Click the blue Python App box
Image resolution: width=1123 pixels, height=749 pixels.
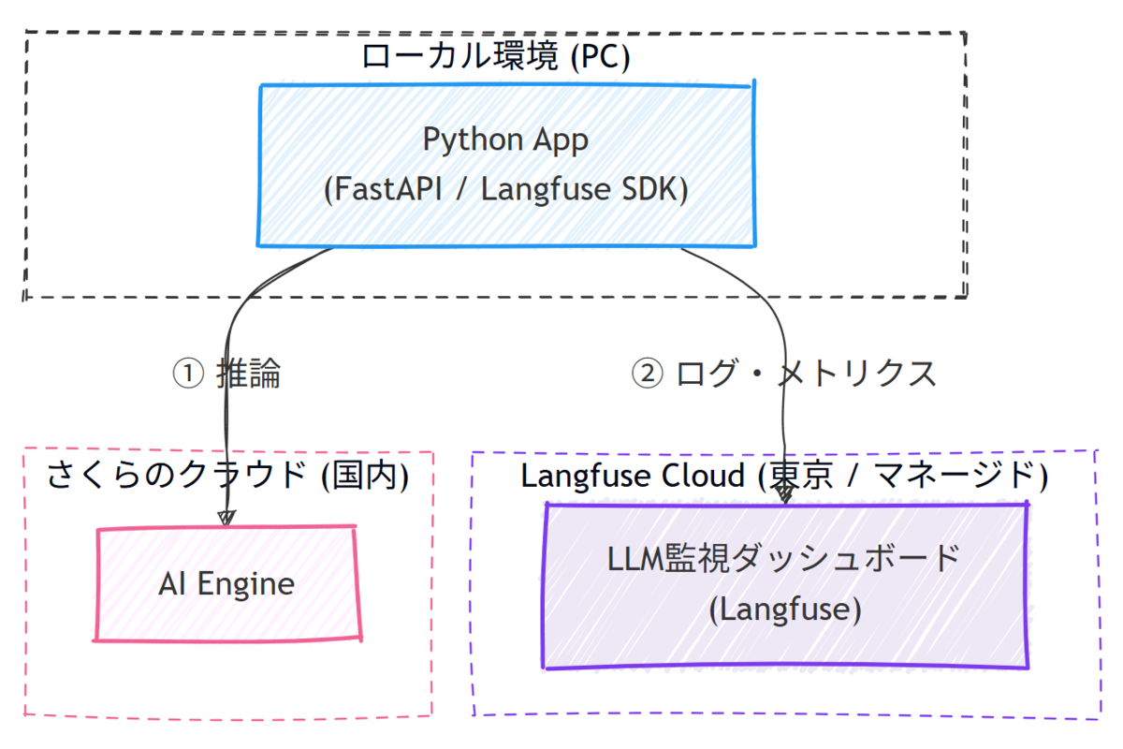[x=506, y=165]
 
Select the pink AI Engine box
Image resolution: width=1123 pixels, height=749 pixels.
[x=228, y=583]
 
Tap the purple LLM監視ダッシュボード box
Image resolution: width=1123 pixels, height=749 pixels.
[x=785, y=586]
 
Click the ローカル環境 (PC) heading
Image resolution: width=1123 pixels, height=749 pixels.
[x=495, y=55]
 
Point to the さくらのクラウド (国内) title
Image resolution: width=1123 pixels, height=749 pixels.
[x=228, y=475]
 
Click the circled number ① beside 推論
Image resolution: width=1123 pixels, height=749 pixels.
[x=188, y=374]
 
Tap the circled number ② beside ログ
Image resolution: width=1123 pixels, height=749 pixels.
[x=647, y=374]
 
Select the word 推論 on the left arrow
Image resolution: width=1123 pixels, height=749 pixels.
[x=249, y=374]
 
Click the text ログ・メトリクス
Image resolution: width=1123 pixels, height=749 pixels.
[x=806, y=374]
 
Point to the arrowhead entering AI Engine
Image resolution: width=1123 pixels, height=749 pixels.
[x=226, y=518]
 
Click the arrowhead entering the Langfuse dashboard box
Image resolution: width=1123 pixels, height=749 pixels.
[x=785, y=494]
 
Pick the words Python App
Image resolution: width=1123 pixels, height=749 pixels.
[x=505, y=140]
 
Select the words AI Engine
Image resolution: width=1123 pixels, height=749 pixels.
[x=226, y=584]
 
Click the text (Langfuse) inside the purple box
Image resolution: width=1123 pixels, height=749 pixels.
[x=785, y=609]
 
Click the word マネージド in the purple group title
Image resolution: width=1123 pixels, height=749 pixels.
[x=955, y=476]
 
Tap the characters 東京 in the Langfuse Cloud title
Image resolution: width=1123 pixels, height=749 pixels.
[x=801, y=476]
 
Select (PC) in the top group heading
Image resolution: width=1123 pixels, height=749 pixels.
[x=601, y=56]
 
